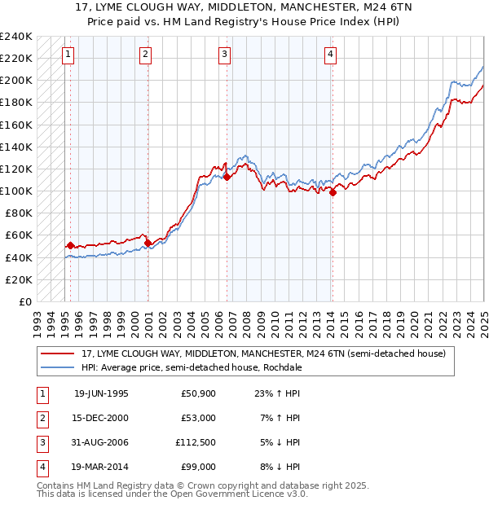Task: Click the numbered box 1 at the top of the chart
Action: pos(67,55)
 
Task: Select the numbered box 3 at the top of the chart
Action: pos(224,55)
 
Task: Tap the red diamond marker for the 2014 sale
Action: pos(333,192)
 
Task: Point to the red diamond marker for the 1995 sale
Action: pos(71,245)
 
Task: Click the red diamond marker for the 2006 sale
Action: pos(227,177)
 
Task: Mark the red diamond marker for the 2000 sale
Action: pos(148,243)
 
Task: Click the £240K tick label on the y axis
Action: pos(15,37)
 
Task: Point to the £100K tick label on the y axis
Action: pos(15,191)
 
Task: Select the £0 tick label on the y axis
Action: pos(24,301)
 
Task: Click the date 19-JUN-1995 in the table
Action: pos(101,393)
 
